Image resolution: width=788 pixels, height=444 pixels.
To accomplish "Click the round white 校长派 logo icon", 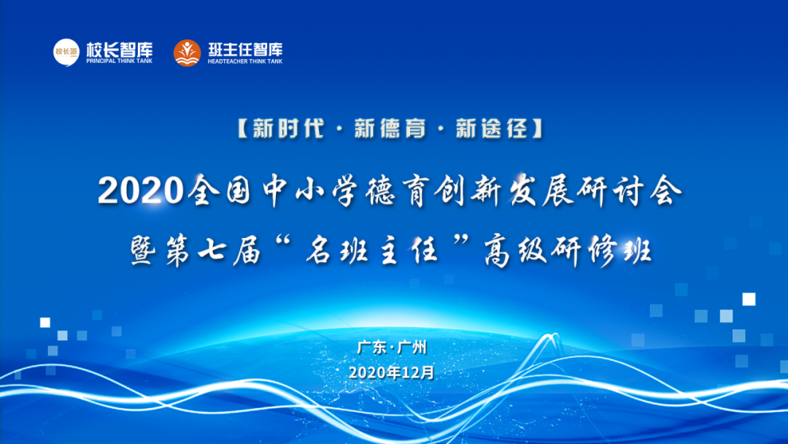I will coord(66,52).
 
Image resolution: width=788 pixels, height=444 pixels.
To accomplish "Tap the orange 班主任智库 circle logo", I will coord(188,53).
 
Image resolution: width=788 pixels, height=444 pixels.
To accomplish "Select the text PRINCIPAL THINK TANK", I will coord(119,61).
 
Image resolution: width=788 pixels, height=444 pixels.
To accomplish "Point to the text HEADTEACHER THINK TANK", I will coord(244,62).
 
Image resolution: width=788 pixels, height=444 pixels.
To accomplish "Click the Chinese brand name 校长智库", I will coord(119,50).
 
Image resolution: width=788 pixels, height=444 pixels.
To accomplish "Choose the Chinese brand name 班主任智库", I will coord(244,50).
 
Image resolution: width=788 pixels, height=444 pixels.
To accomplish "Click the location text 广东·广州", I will coord(392,348).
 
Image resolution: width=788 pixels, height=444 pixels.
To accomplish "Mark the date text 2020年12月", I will coord(392,372).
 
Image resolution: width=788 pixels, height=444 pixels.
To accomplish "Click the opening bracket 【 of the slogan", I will coord(243,130).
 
